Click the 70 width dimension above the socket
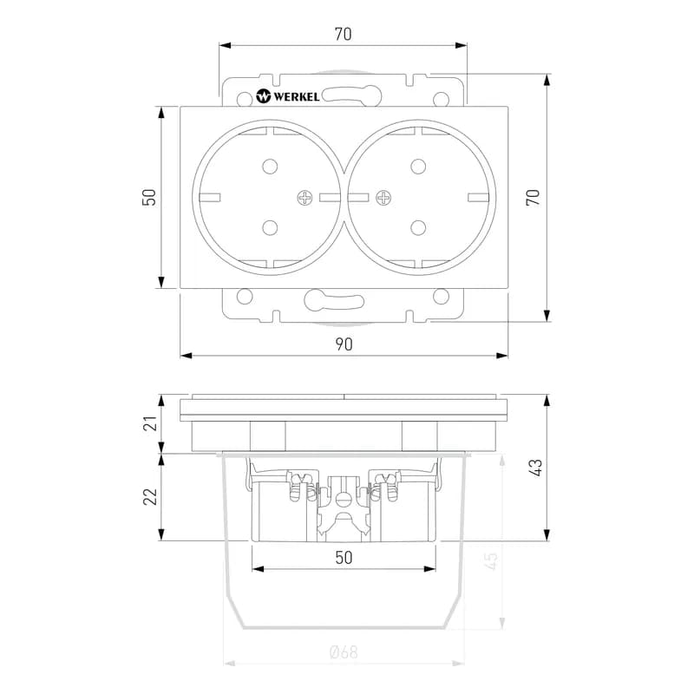pos(343,35)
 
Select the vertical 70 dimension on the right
pos(534,196)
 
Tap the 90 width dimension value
pos(344,344)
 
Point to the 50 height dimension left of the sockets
pos(149,197)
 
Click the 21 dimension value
pos(149,423)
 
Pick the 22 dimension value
pos(149,496)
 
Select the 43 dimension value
pos(535,467)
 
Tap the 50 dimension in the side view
pos(344,558)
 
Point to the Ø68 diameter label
pos(344,652)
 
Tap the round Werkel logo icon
pos(265,96)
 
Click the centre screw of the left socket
pos(305,199)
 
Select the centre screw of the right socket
pos(383,199)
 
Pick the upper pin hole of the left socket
pos(268,166)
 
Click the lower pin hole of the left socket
pos(268,228)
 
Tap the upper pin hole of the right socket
pos(418,166)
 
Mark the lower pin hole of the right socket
pos(418,228)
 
